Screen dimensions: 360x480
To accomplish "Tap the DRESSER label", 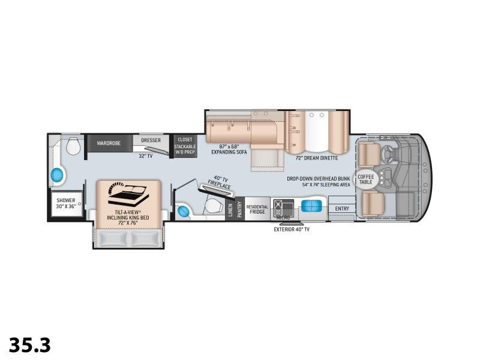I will point(151,140).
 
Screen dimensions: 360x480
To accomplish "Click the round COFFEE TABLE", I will point(365,178).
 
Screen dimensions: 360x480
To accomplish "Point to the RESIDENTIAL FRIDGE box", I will point(257,209).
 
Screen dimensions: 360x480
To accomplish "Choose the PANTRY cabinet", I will point(239,209).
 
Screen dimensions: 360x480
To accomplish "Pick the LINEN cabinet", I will point(230,209).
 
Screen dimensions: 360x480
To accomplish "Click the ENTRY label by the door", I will point(342,209).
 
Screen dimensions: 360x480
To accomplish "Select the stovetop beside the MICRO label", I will point(280,206).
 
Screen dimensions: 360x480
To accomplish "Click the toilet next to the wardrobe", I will point(74,146).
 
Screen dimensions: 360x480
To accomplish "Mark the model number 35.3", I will point(30,345).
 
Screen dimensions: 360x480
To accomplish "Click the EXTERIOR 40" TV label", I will point(292,229).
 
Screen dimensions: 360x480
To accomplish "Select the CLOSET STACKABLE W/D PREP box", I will point(185,146).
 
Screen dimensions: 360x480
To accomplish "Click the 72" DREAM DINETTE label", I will point(317,158).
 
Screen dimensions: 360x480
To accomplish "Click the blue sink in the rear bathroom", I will point(58,175).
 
